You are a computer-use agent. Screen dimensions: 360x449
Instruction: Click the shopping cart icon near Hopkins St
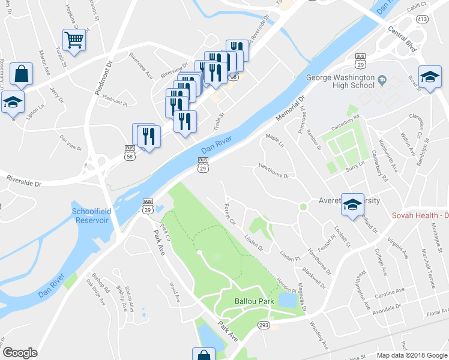pos(74,40)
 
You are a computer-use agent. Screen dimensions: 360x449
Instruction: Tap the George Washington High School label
pos(340,82)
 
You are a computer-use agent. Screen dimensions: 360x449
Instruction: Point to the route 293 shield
pos(264,325)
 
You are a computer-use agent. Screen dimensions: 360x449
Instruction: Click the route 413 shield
pos(423,19)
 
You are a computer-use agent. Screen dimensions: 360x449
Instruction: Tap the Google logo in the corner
pos(20,353)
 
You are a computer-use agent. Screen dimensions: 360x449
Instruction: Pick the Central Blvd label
pos(402,37)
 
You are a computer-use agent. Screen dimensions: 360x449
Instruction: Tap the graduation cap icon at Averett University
pos(352,205)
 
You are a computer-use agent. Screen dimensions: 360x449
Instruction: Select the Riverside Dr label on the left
pos(24,179)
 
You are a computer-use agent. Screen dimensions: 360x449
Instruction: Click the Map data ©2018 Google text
pos(411,355)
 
